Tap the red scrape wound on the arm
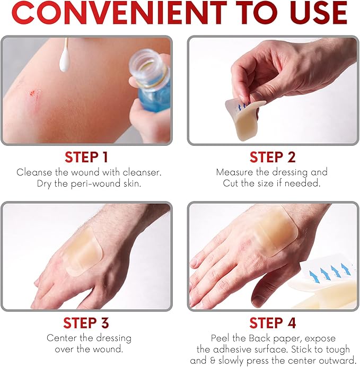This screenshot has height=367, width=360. coord(35,93)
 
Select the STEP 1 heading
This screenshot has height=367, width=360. coord(86,157)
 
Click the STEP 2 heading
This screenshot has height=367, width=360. coord(273,157)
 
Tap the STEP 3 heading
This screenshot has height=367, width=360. coord(86,323)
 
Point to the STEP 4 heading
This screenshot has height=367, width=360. coord(273,323)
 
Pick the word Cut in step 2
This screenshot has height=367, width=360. coord(231,183)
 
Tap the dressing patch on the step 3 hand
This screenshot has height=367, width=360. coord(85,251)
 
